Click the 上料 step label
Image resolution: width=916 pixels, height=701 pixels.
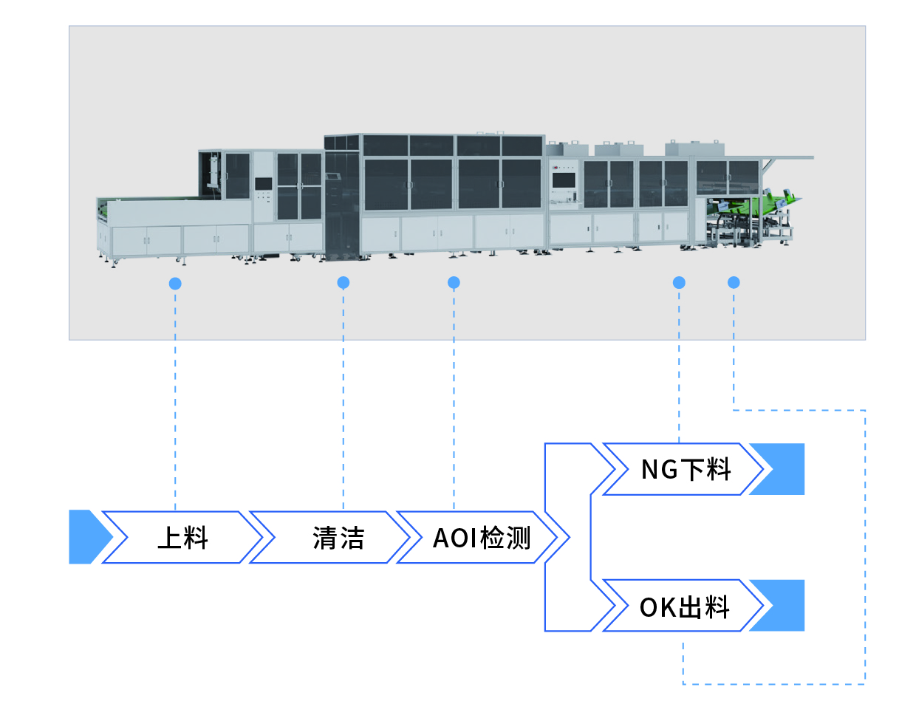pyautogui.click(x=182, y=538)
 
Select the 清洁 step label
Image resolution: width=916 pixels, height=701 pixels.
pyautogui.click(x=338, y=538)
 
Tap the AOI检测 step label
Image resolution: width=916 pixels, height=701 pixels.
pyautogui.click(x=482, y=538)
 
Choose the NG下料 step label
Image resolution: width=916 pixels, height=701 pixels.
pyautogui.click(x=686, y=469)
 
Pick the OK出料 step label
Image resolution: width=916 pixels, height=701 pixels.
pyautogui.click(x=685, y=607)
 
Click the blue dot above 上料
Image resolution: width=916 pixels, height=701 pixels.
pyautogui.click(x=175, y=283)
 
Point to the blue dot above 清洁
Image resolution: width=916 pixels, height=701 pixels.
pyautogui.click(x=343, y=282)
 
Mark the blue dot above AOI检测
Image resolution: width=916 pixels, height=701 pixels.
pyautogui.click(x=454, y=282)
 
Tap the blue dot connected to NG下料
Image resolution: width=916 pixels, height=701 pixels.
pyautogui.click(x=679, y=282)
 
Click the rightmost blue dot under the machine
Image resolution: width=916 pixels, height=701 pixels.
pyautogui.click(x=734, y=282)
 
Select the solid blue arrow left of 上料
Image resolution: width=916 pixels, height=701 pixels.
pyautogui.click(x=86, y=537)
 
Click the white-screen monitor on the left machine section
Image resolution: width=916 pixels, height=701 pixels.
pyautogui.click(x=263, y=184)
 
